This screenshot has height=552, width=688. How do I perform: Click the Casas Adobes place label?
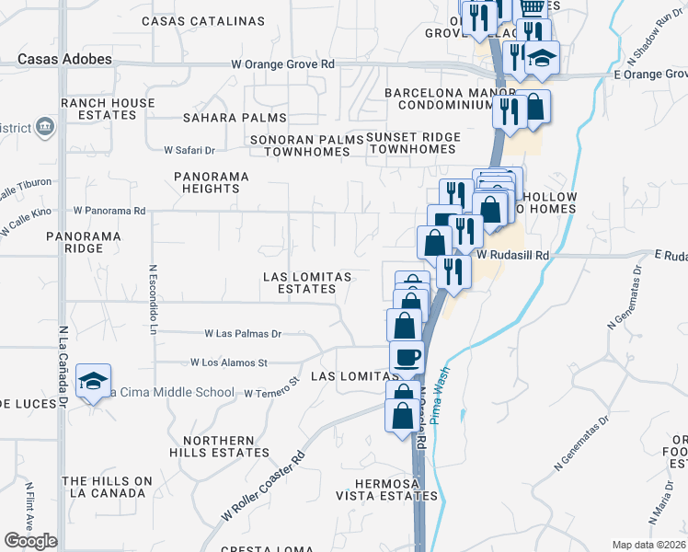(64, 59)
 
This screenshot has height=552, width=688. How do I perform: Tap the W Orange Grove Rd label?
(282, 65)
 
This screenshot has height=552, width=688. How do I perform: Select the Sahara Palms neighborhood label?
(235, 118)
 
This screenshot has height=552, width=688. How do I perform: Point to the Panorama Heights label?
(211, 181)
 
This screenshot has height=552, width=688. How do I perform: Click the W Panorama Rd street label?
(109, 211)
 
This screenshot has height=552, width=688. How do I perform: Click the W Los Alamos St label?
(228, 363)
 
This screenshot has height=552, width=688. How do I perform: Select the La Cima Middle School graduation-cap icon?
(94, 382)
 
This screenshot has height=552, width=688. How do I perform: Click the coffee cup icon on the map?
(406, 356)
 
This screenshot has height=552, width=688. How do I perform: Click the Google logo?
(30, 541)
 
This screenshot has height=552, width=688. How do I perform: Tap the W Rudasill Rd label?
(512, 254)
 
